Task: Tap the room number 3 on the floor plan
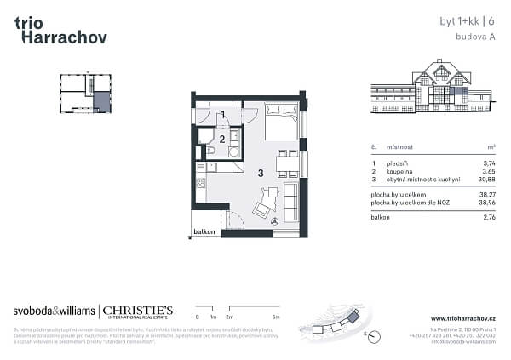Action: point(261,173)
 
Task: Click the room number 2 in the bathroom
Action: point(222,138)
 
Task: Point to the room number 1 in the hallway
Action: point(222,114)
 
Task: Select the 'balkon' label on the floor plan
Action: point(203,231)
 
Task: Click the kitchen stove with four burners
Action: point(201,182)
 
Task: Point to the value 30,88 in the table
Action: point(486,178)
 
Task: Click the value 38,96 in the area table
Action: point(486,203)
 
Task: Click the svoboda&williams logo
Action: point(55,311)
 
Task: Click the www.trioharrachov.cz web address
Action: point(463,318)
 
